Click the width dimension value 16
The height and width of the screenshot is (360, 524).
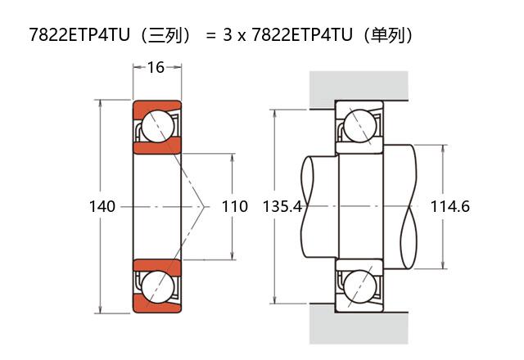click(x=156, y=67)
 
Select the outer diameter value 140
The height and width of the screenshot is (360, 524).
click(x=102, y=206)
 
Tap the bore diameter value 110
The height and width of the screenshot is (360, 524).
click(x=235, y=206)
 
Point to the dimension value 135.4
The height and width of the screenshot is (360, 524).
click(x=282, y=206)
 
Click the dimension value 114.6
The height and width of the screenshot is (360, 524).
click(x=449, y=206)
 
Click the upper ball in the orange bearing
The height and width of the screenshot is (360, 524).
click(x=158, y=126)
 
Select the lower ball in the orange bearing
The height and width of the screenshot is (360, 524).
click(x=158, y=286)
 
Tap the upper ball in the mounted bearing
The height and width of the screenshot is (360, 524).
click(x=360, y=126)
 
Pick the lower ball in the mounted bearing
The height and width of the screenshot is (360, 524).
click(x=360, y=286)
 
